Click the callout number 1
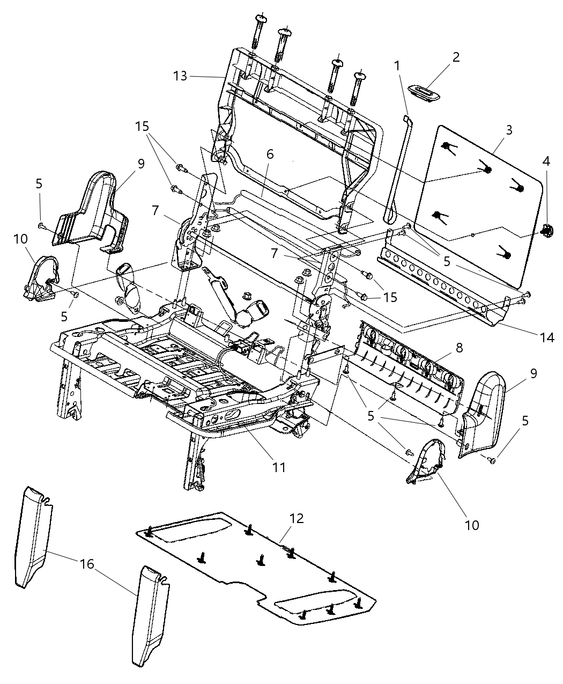click(397, 66)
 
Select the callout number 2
click(456, 57)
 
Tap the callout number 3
click(509, 129)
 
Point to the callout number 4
click(545, 161)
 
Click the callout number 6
click(270, 154)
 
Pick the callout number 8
click(459, 347)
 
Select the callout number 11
click(278, 467)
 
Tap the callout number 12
click(297, 518)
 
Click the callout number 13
click(181, 76)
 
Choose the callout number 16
click(87, 564)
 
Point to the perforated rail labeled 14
click(440, 290)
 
